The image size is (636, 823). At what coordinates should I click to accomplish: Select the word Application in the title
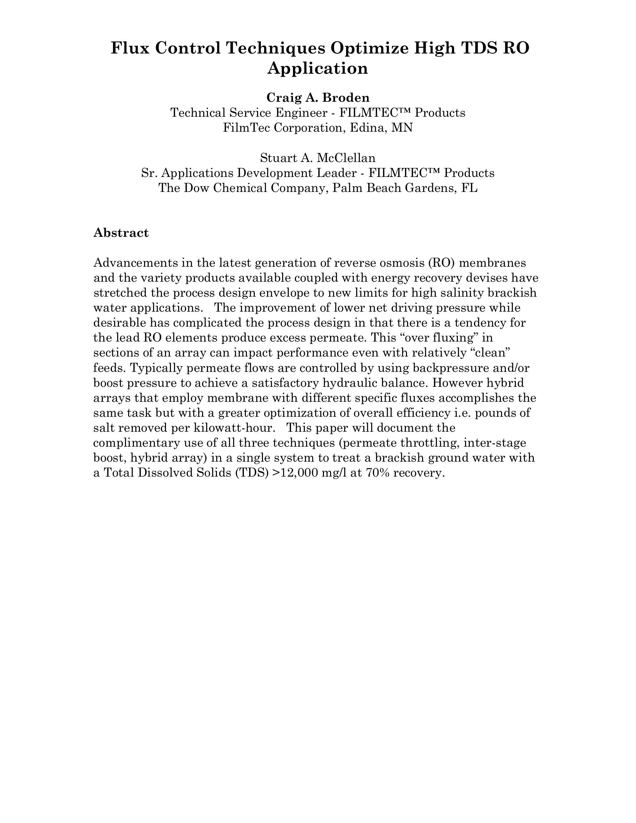click(x=318, y=68)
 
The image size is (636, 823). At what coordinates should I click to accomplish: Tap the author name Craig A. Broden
click(x=318, y=98)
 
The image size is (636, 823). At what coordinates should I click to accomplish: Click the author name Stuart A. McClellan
click(x=318, y=157)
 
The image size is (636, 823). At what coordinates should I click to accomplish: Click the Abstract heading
click(x=121, y=233)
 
